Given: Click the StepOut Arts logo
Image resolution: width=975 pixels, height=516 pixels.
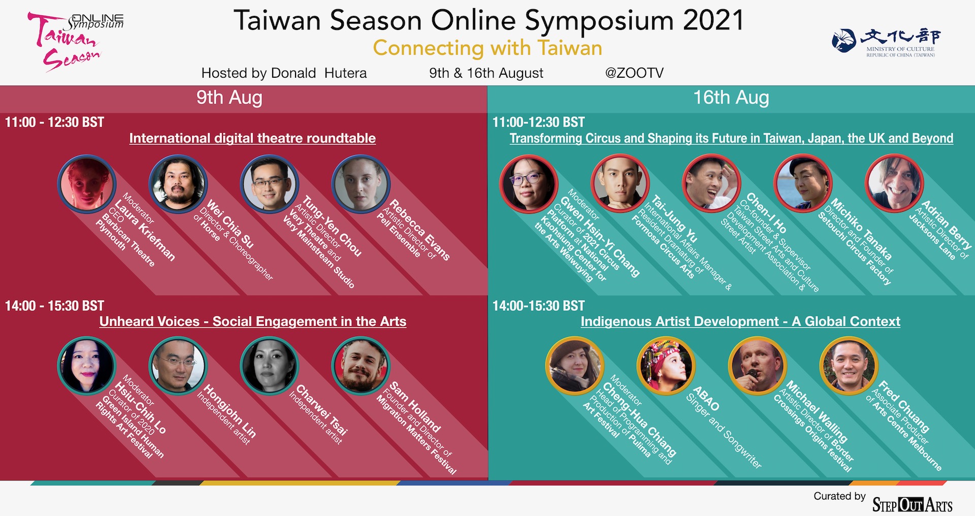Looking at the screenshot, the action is click(x=912, y=504).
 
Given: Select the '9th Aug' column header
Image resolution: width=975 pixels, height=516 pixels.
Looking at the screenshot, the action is click(x=230, y=98).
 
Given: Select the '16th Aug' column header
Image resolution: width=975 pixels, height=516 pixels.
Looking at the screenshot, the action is click(x=731, y=98).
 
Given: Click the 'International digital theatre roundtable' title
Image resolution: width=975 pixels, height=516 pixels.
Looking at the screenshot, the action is click(x=252, y=138).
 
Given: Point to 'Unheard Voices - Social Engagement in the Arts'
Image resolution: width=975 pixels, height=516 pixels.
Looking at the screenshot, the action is click(x=253, y=321).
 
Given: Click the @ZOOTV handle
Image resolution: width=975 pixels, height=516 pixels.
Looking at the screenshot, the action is click(x=634, y=73).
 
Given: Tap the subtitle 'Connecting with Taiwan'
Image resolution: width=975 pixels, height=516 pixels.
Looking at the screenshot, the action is click(x=487, y=48).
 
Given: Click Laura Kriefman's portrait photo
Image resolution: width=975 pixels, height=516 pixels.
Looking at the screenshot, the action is click(x=87, y=184).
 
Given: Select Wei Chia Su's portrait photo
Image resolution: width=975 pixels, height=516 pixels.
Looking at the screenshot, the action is click(x=178, y=184).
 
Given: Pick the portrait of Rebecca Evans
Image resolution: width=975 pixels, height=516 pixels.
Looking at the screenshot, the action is click(x=361, y=184).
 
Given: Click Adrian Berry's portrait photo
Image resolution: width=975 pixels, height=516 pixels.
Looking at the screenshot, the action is click(x=894, y=183).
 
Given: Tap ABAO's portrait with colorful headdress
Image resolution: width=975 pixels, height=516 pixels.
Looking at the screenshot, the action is click(x=666, y=366).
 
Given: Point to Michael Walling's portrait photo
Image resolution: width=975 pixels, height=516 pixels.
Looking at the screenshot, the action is click(x=757, y=366).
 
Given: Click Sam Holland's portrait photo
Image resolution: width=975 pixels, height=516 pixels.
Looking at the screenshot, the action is click(x=361, y=366).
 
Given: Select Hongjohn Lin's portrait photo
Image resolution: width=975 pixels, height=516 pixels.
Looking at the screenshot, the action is click(x=178, y=366).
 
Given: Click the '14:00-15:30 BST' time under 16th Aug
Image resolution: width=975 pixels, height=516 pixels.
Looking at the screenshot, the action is click(x=539, y=306).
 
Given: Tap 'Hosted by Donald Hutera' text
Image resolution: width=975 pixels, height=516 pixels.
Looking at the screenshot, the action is click(x=284, y=73).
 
